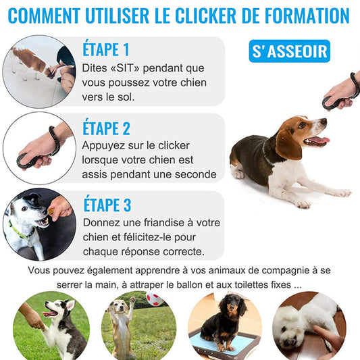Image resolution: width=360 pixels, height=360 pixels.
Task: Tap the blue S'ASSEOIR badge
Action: [x=290, y=51]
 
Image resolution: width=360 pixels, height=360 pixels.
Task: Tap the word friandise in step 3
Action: [x=164, y=223]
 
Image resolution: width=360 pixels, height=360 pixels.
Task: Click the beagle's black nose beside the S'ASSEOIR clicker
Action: [x=324, y=121]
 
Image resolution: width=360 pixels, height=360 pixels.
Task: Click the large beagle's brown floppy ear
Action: [x=288, y=145]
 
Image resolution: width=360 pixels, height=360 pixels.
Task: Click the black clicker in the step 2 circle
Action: [x=28, y=161]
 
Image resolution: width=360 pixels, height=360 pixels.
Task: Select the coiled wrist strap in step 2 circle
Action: [x=55, y=140]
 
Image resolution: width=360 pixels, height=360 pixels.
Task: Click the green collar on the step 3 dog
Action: [x=18, y=231]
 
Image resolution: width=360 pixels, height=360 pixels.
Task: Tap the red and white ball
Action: [x=154, y=299]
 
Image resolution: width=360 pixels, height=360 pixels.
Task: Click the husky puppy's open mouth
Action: [x=49, y=313]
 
